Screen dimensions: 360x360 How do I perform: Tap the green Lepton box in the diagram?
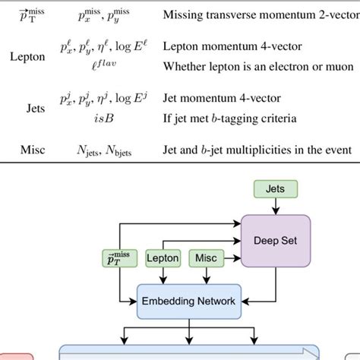click(x=162, y=259)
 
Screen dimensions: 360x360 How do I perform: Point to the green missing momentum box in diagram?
click(x=119, y=259)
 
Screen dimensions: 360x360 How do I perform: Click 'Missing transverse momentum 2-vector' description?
click(x=254, y=12)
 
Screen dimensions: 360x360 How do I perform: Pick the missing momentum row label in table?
click(x=27, y=12)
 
